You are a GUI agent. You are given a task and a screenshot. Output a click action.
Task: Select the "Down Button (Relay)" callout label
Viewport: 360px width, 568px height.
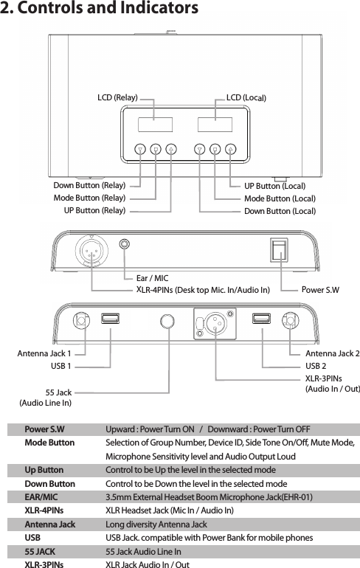click(89, 185)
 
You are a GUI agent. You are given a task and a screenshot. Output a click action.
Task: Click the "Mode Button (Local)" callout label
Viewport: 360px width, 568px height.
click(280, 198)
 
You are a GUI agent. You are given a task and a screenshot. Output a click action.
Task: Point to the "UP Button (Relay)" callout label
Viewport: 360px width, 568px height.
click(94, 211)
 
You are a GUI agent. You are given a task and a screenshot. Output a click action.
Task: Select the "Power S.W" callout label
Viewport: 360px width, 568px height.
click(320, 290)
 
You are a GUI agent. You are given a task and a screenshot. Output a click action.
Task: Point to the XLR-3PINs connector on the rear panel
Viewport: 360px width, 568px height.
click(215, 320)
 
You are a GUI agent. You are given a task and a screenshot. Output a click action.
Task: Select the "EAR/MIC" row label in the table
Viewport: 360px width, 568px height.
click(41, 497)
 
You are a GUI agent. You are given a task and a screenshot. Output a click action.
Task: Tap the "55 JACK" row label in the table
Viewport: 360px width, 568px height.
click(39, 551)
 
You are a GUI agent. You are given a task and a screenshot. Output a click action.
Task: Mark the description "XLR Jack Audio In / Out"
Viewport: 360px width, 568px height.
click(148, 564)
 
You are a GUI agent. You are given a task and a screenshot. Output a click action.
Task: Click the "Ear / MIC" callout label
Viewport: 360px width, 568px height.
click(152, 278)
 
